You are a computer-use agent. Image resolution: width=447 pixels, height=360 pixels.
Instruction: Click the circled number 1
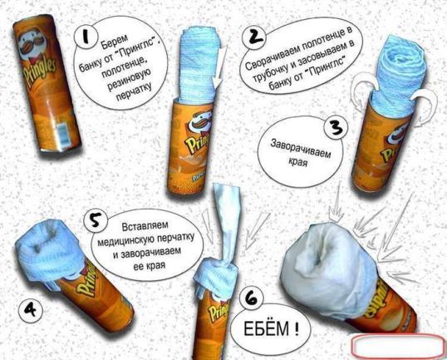point(86,37)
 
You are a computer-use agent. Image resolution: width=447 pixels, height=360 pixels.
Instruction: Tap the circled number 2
point(254,37)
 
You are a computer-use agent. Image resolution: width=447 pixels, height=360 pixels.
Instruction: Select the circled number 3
point(337,128)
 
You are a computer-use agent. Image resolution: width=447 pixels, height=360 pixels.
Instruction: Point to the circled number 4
point(30,310)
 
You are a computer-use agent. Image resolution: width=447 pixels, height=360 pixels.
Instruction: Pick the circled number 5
point(96,221)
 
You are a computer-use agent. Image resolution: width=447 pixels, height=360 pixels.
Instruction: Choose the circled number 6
point(252,298)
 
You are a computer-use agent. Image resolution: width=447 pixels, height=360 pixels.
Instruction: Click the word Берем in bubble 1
point(115,42)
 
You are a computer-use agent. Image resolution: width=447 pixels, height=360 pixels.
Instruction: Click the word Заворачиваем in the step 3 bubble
point(301,148)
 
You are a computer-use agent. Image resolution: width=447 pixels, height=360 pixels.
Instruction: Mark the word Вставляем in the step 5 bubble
point(145,226)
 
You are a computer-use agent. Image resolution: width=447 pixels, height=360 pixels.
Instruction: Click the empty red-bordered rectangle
point(399,346)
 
